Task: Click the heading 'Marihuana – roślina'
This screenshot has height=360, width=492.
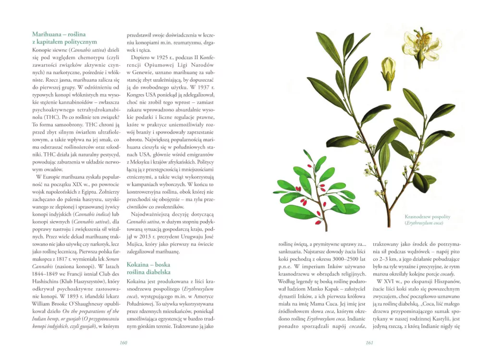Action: pos(59,34)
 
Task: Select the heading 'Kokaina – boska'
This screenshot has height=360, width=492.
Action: pos(148,264)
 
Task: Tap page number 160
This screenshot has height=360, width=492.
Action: pos(123,343)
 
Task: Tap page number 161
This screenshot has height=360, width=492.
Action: pos(369,343)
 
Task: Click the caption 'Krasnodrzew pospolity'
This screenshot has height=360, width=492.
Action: pos(427,217)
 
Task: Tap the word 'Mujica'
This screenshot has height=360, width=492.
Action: pos(136,244)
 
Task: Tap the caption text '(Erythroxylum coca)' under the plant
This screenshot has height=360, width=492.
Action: pos(423,223)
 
